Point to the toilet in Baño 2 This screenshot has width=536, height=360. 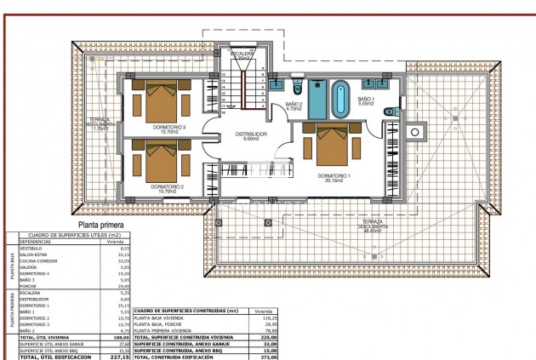click(297, 89)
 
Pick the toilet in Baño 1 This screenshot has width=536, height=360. click(388, 110)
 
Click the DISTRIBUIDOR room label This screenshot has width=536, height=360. click(251, 134)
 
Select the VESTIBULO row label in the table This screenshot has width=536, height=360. click(31, 248)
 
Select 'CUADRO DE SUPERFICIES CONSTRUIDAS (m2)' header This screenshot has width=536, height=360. click(188, 311)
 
